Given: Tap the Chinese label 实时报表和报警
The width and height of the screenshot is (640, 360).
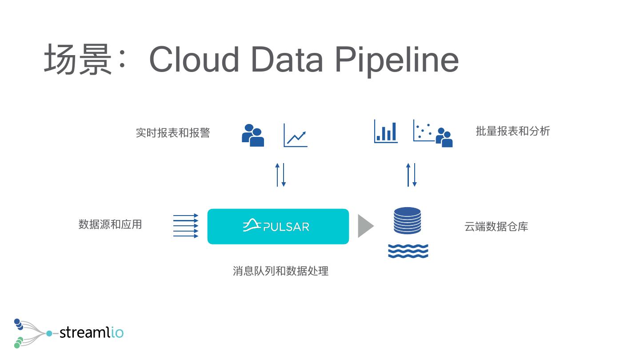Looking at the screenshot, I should pyautogui.click(x=172, y=132).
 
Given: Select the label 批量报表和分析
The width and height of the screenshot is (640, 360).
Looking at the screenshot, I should pyautogui.click(x=512, y=131).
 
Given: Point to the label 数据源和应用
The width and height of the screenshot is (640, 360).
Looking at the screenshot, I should pyautogui.click(x=110, y=224).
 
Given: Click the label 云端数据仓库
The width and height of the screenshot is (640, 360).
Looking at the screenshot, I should pyautogui.click(x=496, y=227).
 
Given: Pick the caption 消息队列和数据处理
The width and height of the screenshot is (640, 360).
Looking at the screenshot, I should pyautogui.click(x=280, y=271).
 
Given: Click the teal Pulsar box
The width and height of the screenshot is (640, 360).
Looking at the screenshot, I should pyautogui.click(x=278, y=226).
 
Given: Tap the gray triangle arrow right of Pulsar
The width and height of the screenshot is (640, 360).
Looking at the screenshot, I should pyautogui.click(x=365, y=226).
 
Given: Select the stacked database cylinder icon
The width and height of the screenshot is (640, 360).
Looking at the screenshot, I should pyautogui.click(x=407, y=220).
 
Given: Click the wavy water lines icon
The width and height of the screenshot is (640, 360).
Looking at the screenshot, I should pyautogui.click(x=408, y=251).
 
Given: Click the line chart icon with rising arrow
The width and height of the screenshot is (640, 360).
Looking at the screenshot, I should pyautogui.click(x=296, y=135).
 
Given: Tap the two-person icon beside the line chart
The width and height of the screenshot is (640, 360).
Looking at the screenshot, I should pyautogui.click(x=253, y=135).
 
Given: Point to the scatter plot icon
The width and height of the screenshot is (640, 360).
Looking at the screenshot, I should pyautogui.click(x=423, y=130).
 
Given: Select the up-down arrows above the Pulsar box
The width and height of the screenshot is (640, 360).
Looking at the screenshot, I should pyautogui.click(x=280, y=175).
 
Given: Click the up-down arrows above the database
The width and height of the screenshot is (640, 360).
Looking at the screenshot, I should pyautogui.click(x=411, y=175).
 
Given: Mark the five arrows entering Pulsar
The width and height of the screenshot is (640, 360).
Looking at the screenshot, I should pyautogui.click(x=185, y=226).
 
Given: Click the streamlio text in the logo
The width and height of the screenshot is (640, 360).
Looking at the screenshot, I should pyautogui.click(x=91, y=332).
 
